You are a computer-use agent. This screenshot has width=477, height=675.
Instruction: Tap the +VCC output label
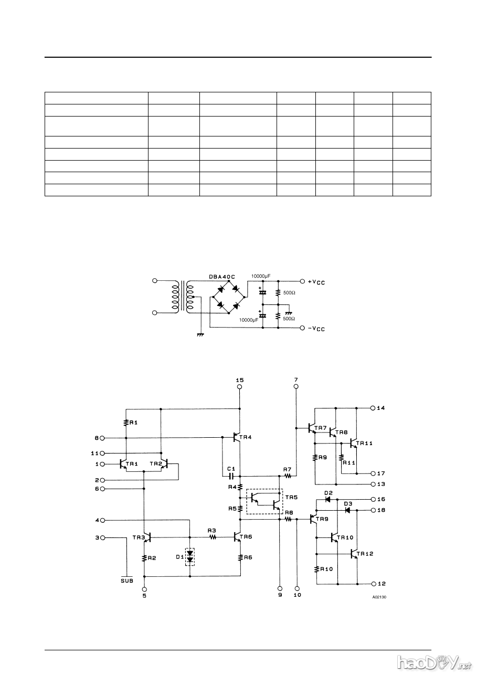tap(316, 282)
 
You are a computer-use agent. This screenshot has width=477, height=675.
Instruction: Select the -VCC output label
tap(316, 329)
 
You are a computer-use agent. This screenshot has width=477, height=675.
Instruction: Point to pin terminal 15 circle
tap(240, 387)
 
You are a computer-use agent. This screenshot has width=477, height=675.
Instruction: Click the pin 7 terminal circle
tap(296, 387)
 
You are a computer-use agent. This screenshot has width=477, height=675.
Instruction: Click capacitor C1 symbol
tap(231, 477)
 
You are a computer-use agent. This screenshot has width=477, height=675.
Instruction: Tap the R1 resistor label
tap(134, 422)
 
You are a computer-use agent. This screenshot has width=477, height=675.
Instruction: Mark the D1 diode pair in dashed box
tap(190, 557)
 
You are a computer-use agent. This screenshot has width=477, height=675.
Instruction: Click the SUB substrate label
tap(126, 581)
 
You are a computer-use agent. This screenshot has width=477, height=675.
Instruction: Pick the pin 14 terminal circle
tap(373, 408)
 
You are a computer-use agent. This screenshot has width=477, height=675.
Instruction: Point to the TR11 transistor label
tap(364, 444)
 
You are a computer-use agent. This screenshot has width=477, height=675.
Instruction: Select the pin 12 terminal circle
tap(373, 584)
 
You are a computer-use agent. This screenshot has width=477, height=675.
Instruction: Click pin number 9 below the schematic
tap(280, 595)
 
